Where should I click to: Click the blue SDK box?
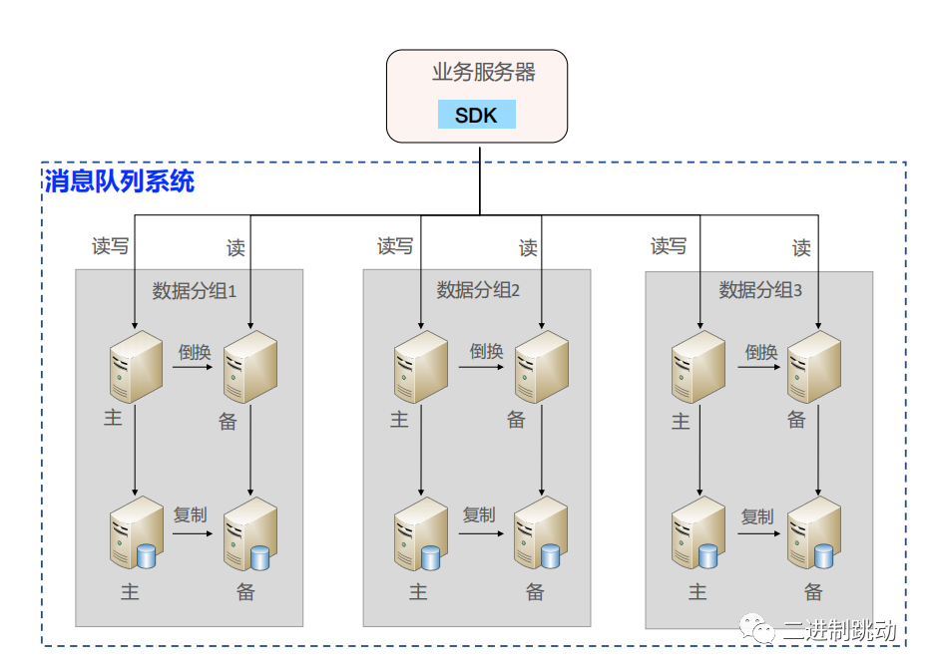tap(476, 115)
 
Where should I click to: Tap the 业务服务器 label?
tap(483, 73)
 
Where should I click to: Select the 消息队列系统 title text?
tap(119, 181)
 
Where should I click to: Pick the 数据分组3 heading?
tap(760, 290)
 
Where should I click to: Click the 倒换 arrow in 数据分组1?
tap(193, 367)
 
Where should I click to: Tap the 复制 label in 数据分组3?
tap(757, 516)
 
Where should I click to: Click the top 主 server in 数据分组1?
tap(135, 367)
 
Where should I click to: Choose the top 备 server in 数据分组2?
tap(541, 367)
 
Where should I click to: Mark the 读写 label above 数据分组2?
tap(394, 245)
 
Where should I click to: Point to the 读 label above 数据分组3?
tap(801, 247)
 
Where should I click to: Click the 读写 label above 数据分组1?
tap(110, 245)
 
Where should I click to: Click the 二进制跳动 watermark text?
tap(839, 630)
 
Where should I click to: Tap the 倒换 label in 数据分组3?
tap(761, 351)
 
